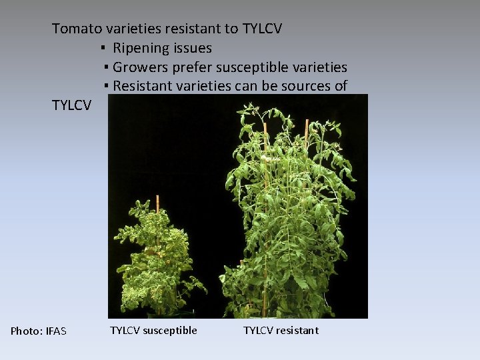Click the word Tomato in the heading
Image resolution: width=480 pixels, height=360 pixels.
74,29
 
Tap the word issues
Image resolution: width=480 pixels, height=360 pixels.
191,48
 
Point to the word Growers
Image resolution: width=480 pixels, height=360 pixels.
140,67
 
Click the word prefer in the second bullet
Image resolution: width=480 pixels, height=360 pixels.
191,67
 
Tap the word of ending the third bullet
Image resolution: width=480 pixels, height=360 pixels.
341,86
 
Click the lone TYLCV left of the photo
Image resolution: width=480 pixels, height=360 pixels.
72,105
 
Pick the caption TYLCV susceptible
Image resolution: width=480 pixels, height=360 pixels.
153,330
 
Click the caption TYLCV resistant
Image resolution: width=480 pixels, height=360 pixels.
281,330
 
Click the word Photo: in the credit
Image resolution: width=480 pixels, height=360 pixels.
26,331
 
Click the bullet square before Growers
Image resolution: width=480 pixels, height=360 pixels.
106,68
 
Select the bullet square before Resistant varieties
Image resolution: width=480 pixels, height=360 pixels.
106,87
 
